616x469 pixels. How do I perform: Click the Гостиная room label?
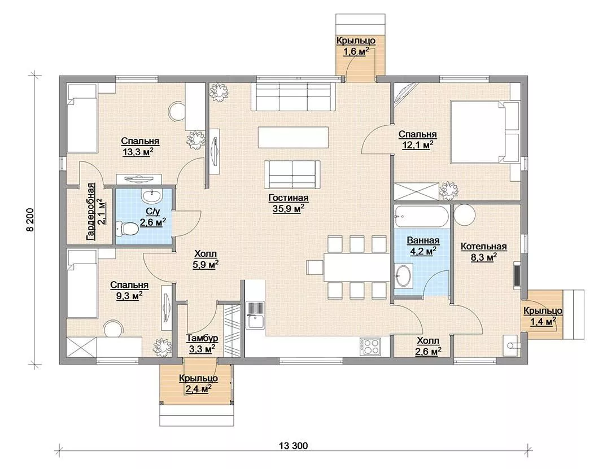click(x=289, y=198)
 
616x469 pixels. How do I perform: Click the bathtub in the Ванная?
click(x=421, y=216)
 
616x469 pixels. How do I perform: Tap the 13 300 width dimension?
click(x=294, y=446)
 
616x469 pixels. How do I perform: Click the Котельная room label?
click(x=484, y=247)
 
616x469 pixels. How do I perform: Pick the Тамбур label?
click(x=202, y=338)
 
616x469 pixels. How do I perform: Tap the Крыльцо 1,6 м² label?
click(x=356, y=46)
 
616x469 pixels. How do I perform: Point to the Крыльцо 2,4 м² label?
click(x=198, y=384)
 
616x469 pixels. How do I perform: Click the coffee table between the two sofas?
click(x=293, y=137)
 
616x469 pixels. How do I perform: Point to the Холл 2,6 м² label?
click(x=428, y=345)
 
